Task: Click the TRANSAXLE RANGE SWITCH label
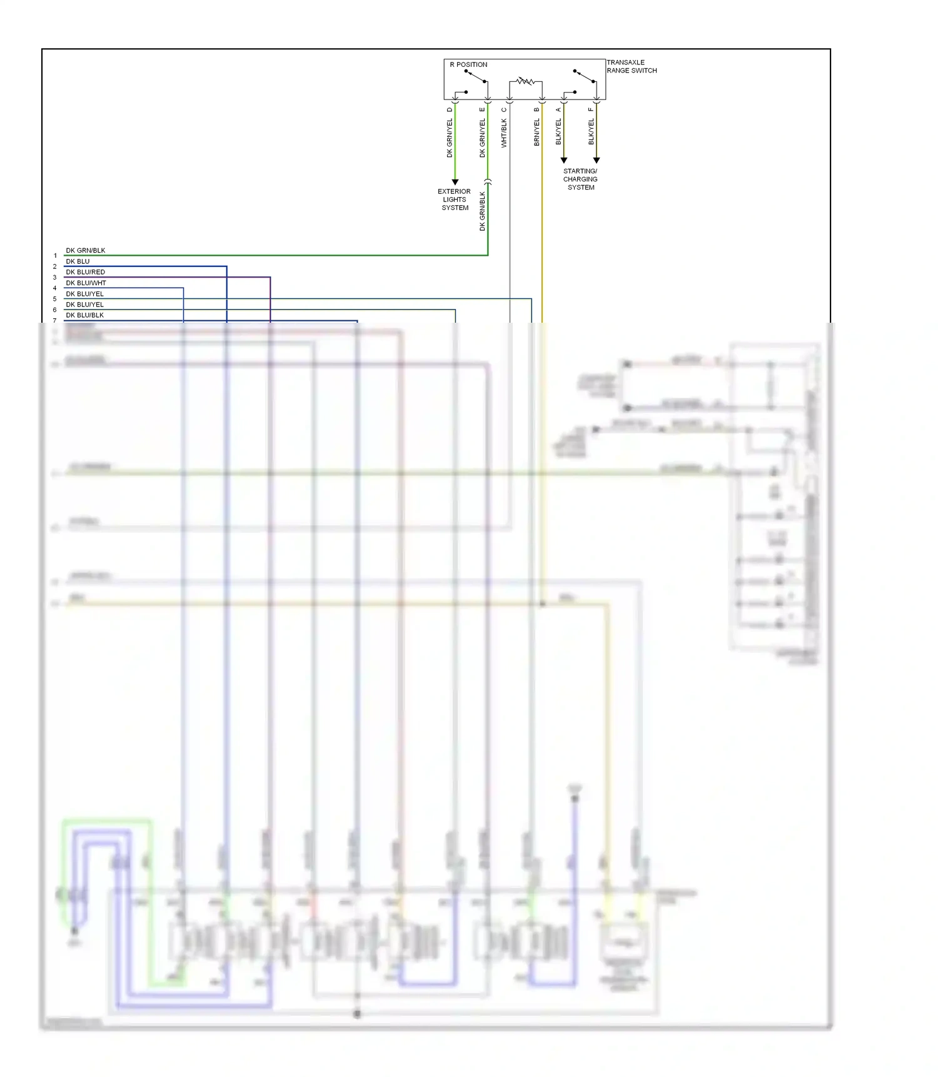click(x=632, y=66)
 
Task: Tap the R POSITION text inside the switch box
click(x=468, y=64)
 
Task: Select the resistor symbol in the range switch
click(x=525, y=81)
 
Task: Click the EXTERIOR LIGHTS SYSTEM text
click(x=455, y=200)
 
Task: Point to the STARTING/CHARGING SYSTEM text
click(x=580, y=179)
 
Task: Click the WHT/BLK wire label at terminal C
click(x=504, y=133)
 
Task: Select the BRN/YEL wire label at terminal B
click(x=537, y=133)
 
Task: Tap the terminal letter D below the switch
click(x=450, y=110)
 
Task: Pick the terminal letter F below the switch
click(x=591, y=110)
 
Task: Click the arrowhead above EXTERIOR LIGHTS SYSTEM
click(x=455, y=182)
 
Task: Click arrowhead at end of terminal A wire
click(x=563, y=161)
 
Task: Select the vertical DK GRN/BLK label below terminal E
click(x=482, y=211)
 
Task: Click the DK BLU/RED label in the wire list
click(x=86, y=272)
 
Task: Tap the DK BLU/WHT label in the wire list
click(x=86, y=283)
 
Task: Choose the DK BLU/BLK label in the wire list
click(x=85, y=315)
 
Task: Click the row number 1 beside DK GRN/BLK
click(x=55, y=256)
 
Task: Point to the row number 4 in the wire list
click(x=55, y=288)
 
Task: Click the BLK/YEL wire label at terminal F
click(x=591, y=132)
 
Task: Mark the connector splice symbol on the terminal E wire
click(x=488, y=182)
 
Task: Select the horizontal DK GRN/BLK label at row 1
click(x=86, y=250)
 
